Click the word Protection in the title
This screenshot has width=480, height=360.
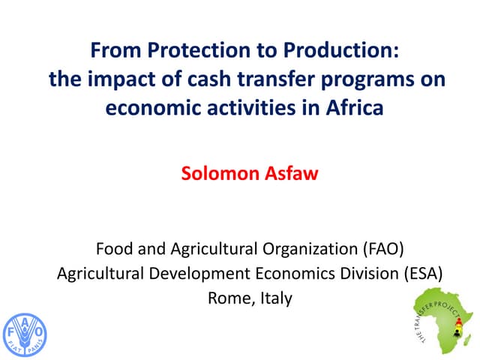point(190,52)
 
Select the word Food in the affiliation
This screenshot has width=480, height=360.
point(112,247)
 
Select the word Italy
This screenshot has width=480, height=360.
point(275,298)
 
